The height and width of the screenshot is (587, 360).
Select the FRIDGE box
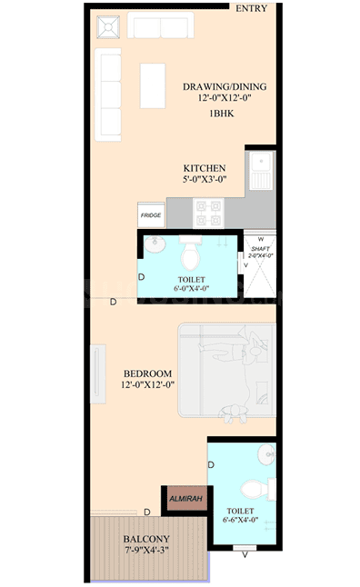151,215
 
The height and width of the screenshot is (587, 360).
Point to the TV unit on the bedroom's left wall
98,369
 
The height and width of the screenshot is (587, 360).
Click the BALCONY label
146,538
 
